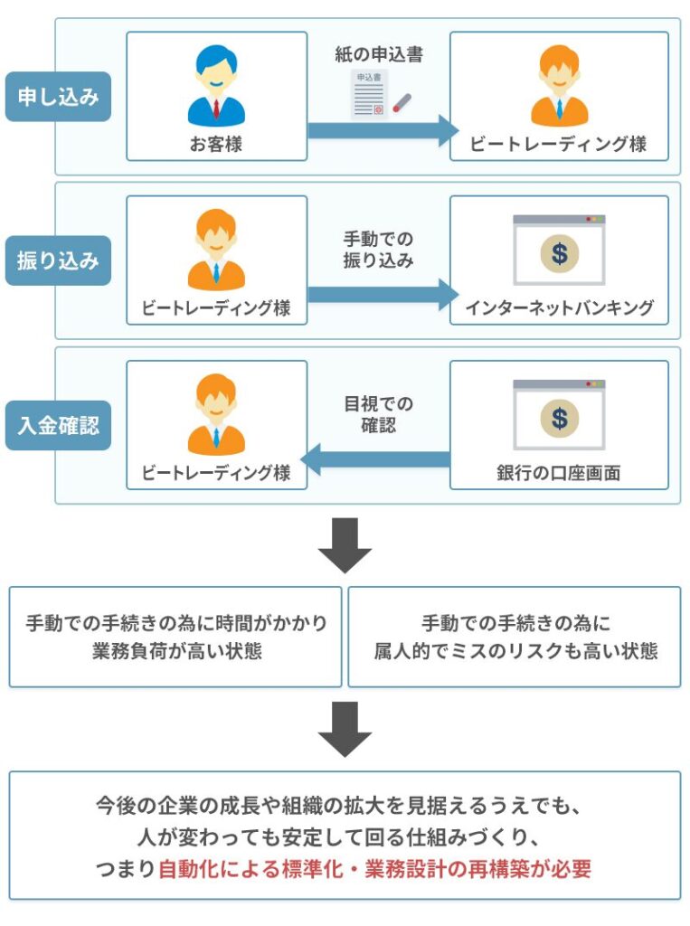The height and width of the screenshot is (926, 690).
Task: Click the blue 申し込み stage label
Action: [58, 96]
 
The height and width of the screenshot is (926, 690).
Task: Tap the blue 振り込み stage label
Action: [58, 260]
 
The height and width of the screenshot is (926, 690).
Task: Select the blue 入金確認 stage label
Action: [58, 425]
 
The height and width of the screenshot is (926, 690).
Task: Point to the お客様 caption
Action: [216, 144]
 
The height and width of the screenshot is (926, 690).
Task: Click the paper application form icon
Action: [370, 94]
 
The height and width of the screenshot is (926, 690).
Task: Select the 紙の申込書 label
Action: [379, 54]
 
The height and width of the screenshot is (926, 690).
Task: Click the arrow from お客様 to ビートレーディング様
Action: [383, 130]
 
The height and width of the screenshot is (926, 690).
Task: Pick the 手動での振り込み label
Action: [379, 250]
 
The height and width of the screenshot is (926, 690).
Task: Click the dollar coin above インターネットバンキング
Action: [559, 254]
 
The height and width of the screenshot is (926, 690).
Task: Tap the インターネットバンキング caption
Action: [559, 307]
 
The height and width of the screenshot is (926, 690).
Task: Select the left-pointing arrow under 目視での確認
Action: [375, 459]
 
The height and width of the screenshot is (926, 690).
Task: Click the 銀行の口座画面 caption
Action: [559, 472]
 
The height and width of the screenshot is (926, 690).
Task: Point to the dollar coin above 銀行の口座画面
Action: [559, 419]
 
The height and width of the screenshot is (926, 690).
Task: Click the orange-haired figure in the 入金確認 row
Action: [216, 414]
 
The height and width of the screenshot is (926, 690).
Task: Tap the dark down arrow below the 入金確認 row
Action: [345, 545]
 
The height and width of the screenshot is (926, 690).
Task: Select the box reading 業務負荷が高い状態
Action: [175, 637]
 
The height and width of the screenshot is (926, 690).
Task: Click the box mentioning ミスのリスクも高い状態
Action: [515, 637]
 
